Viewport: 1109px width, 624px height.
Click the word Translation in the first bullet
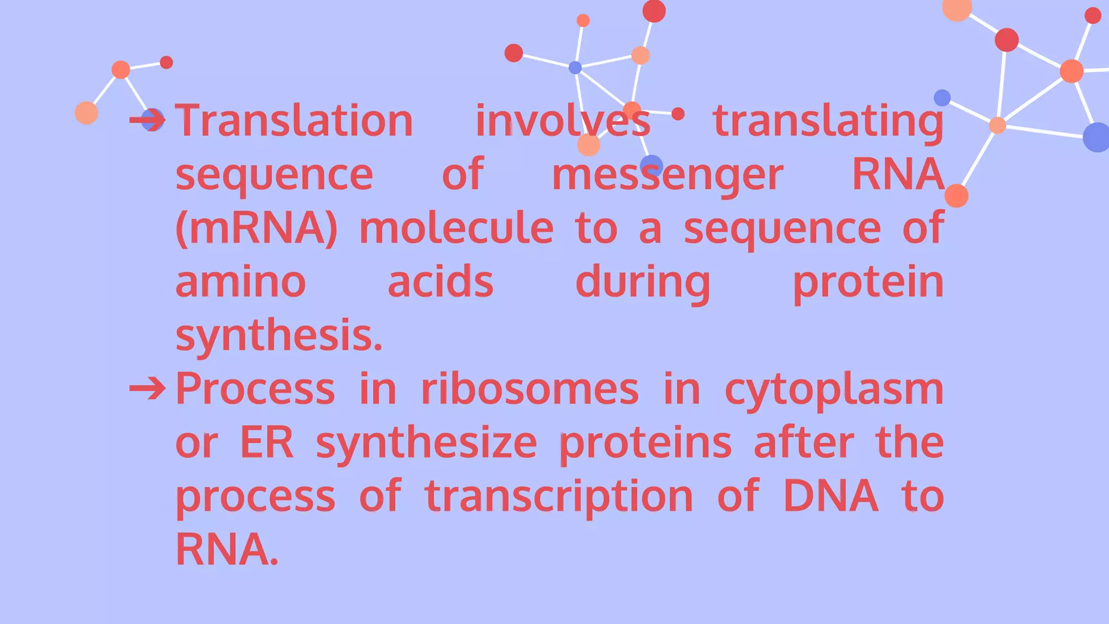(294, 120)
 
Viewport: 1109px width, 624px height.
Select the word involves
(563, 120)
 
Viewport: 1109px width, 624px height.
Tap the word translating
(828, 121)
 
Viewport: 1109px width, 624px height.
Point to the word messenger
(667, 175)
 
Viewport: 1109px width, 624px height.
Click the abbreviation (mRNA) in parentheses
(257, 229)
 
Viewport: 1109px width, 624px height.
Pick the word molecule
(456, 228)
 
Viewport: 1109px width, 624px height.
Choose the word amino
(240, 282)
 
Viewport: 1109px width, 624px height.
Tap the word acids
(440, 282)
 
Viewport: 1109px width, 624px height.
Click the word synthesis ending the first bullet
(279, 335)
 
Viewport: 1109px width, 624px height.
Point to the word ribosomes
(530, 389)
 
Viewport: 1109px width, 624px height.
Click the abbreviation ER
(266, 443)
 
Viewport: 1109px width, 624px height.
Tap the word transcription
(559, 496)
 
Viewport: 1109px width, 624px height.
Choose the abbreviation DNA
(831, 496)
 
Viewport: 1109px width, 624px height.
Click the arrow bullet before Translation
(147, 120)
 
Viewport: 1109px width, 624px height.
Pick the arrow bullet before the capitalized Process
(147, 388)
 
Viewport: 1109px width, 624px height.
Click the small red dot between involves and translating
(678, 114)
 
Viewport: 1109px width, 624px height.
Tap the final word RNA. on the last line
(227, 549)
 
